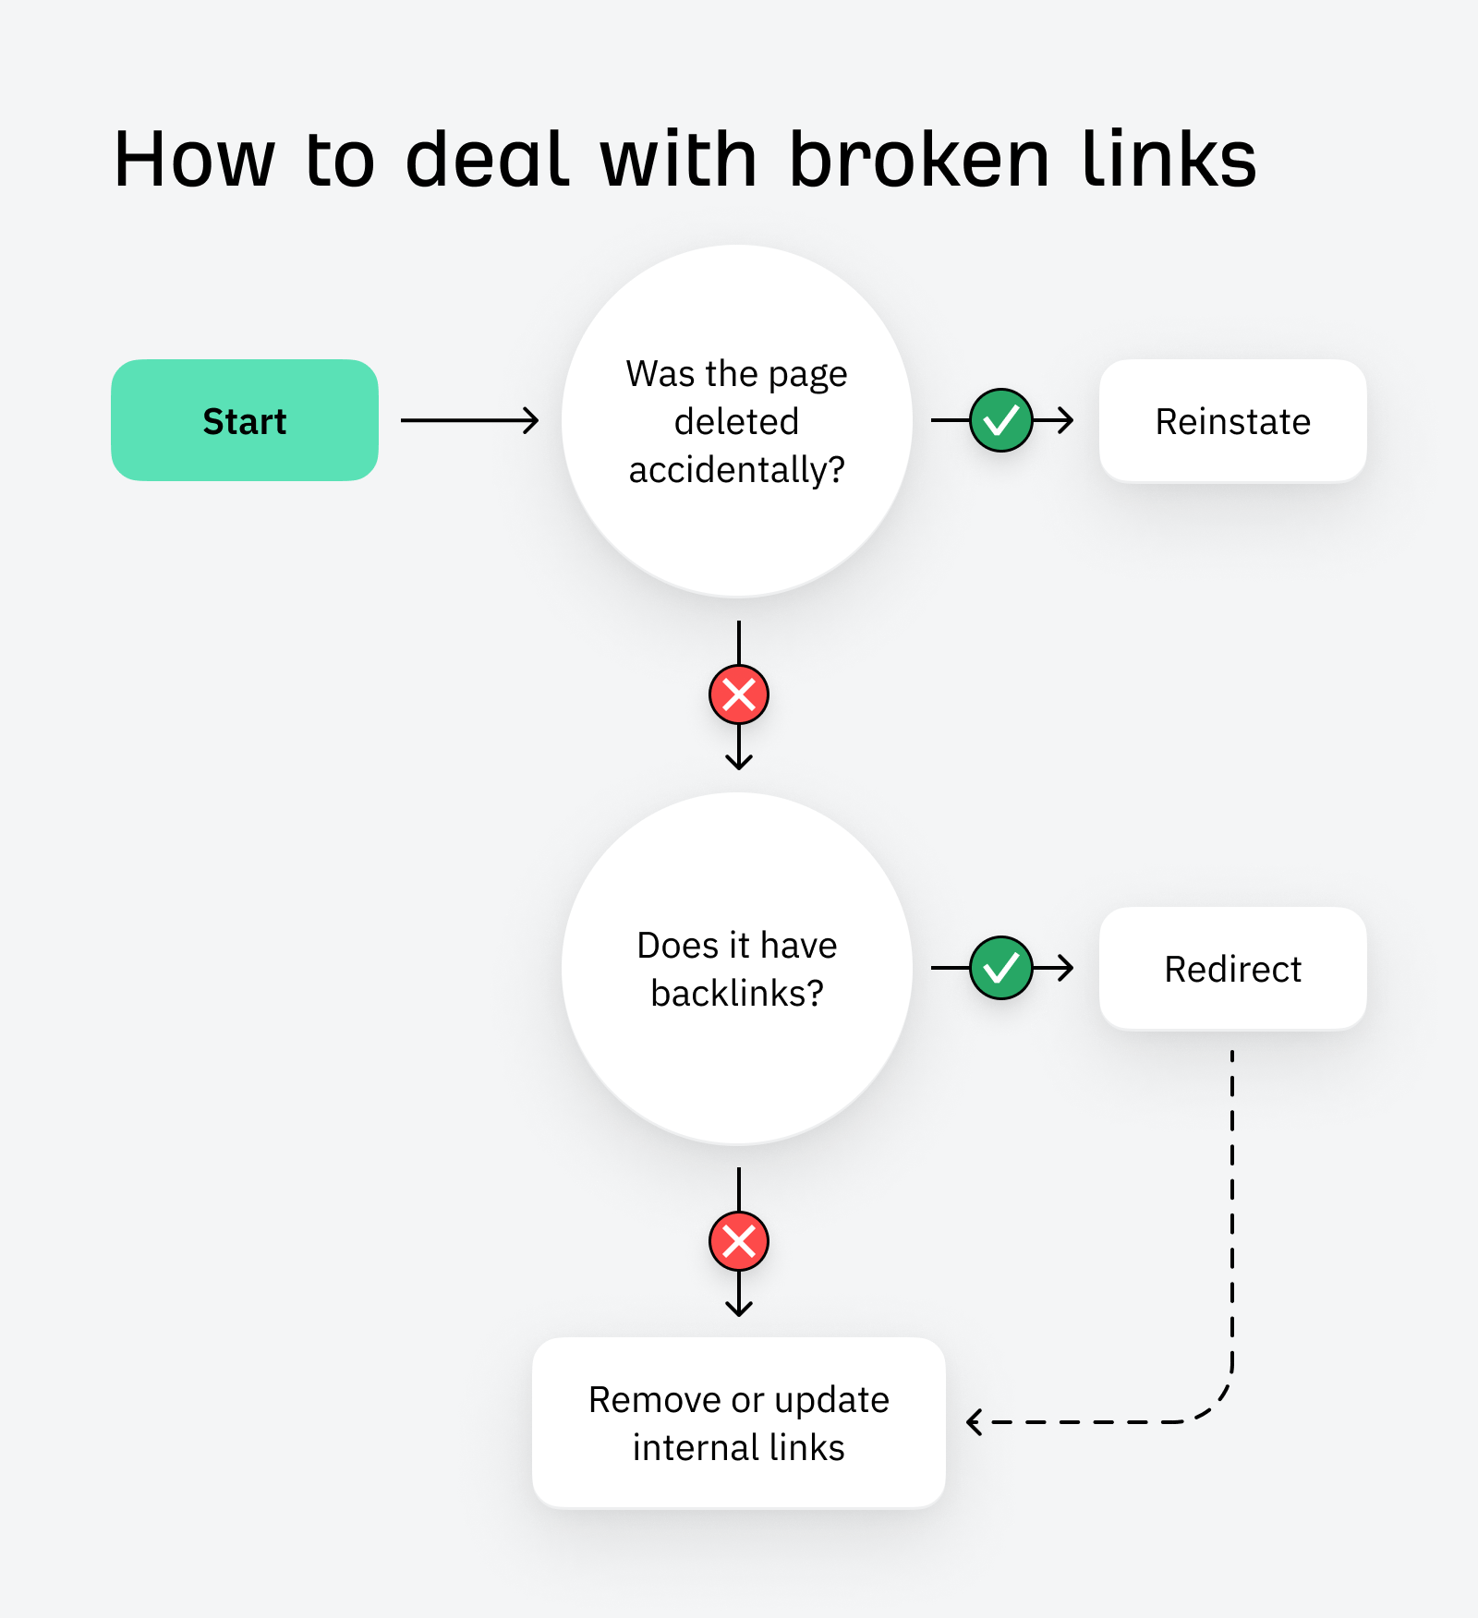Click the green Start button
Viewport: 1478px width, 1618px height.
[245, 420]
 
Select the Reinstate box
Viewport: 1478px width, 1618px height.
[1232, 421]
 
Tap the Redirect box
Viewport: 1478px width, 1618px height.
[1232, 969]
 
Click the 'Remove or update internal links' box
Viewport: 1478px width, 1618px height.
[738, 1422]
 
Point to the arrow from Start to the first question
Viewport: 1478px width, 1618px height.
[469, 420]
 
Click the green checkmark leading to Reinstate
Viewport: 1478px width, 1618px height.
[1001, 420]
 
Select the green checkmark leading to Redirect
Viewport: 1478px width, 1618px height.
[1001, 968]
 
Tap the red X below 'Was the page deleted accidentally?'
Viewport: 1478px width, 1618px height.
[739, 694]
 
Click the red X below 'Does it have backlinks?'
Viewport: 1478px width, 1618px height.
[739, 1241]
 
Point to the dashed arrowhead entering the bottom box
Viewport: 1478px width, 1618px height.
[974, 1421]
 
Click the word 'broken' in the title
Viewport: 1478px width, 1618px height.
[919, 160]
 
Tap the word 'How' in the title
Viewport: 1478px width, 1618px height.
[194, 160]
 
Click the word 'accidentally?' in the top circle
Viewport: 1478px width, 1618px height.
[736, 470]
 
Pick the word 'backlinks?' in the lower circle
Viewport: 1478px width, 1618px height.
[736, 994]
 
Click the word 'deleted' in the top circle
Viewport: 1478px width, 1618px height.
[736, 422]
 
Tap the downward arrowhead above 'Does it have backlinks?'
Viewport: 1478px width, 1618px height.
[739, 762]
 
